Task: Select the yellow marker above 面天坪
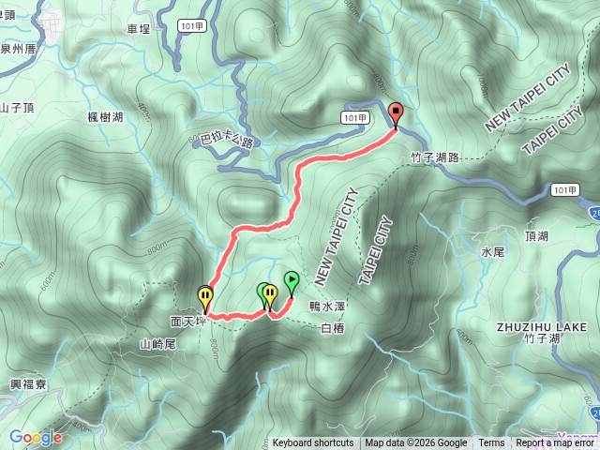point(205,298)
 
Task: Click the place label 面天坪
point(187,320)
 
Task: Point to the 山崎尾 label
point(157,344)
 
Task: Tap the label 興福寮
point(27,385)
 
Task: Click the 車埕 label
point(139,29)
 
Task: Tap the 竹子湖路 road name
point(435,158)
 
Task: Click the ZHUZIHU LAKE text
point(542,326)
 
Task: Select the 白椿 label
point(334,328)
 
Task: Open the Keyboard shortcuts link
point(313,443)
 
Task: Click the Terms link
point(491,443)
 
